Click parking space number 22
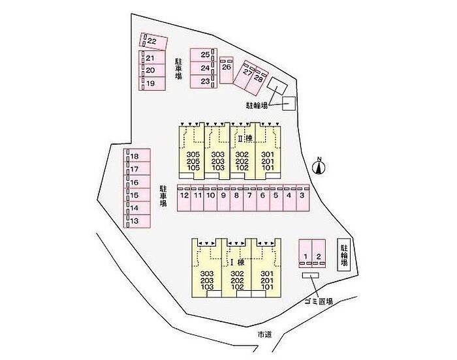tap(153, 41)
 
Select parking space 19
tap(150, 83)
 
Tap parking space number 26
tap(227, 67)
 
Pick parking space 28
tap(259, 78)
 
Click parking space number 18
tap(135, 157)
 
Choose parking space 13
tap(135, 221)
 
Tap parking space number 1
tap(305, 255)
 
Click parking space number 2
tap(319, 255)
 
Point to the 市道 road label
tap(264, 334)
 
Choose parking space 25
tap(205, 55)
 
